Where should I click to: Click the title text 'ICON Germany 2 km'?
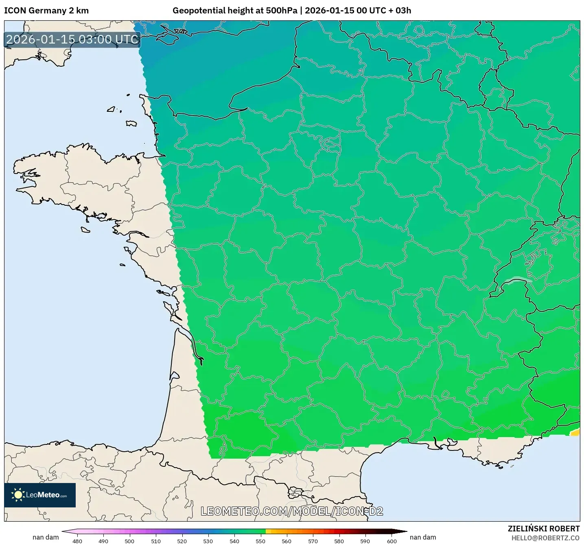[x=46, y=11]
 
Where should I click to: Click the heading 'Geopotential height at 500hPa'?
[x=235, y=11]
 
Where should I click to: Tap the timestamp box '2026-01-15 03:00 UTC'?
[x=72, y=39]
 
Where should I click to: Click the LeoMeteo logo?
[x=40, y=495]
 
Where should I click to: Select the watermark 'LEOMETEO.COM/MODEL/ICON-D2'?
[x=292, y=511]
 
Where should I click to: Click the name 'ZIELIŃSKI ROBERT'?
[x=543, y=529]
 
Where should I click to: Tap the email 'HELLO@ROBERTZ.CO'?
[x=545, y=538]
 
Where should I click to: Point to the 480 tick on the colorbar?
[x=77, y=541]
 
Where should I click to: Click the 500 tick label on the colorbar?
[x=129, y=541]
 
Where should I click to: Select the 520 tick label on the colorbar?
[x=182, y=541]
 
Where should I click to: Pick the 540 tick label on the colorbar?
[x=234, y=541]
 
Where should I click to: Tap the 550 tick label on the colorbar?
[x=260, y=541]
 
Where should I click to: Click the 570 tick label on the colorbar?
[x=313, y=541]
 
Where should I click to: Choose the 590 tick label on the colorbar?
[x=365, y=541]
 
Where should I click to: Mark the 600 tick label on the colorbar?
[x=392, y=541]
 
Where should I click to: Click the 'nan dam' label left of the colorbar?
[x=46, y=537]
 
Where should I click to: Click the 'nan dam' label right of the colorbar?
[x=423, y=537]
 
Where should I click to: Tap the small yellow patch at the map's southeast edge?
[x=575, y=432]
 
